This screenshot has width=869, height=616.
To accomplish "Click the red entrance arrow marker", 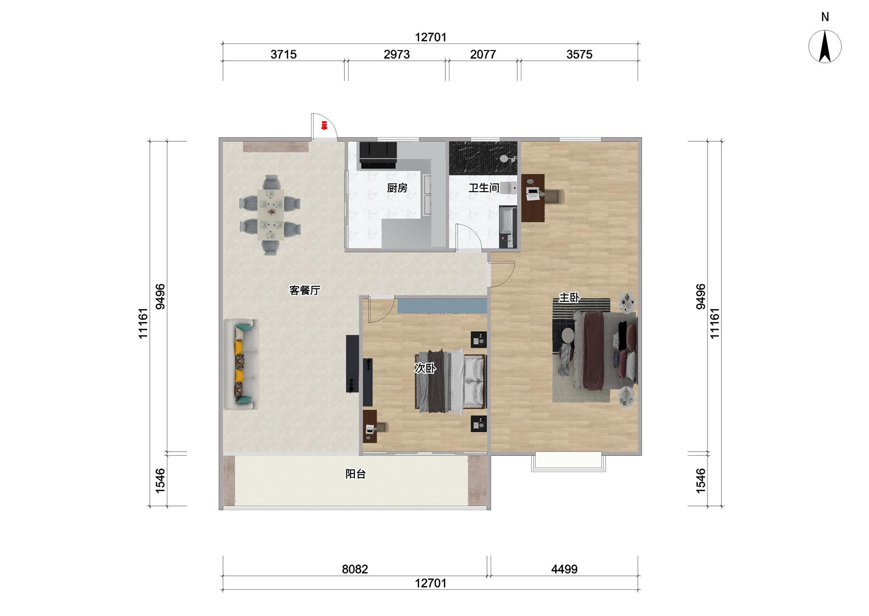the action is click(324, 125).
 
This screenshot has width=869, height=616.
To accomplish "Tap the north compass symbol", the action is click(825, 46).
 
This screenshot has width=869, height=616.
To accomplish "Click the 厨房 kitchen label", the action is click(397, 188).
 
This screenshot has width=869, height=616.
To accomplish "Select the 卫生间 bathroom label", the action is click(484, 188).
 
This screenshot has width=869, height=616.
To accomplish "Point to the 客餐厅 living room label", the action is click(305, 290).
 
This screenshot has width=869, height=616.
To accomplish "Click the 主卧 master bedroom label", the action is click(569, 297).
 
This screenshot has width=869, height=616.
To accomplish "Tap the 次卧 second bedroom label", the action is click(425, 368).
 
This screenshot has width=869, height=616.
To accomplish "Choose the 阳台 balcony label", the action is click(355, 474).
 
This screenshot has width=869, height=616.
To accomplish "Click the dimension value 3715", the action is click(283, 54).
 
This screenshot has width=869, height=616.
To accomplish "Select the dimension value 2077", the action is click(483, 54).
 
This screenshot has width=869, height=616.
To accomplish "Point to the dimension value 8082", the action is click(355, 569).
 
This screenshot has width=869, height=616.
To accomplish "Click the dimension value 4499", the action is click(564, 569).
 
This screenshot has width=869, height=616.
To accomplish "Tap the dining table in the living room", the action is click(270, 214).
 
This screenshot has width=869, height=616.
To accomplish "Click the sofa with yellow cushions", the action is click(241, 364).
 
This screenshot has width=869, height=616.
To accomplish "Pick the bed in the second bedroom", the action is click(451, 381).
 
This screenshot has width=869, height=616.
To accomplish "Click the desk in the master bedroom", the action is click(533, 198).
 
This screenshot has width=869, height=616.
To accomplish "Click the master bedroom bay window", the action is click(568, 462).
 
